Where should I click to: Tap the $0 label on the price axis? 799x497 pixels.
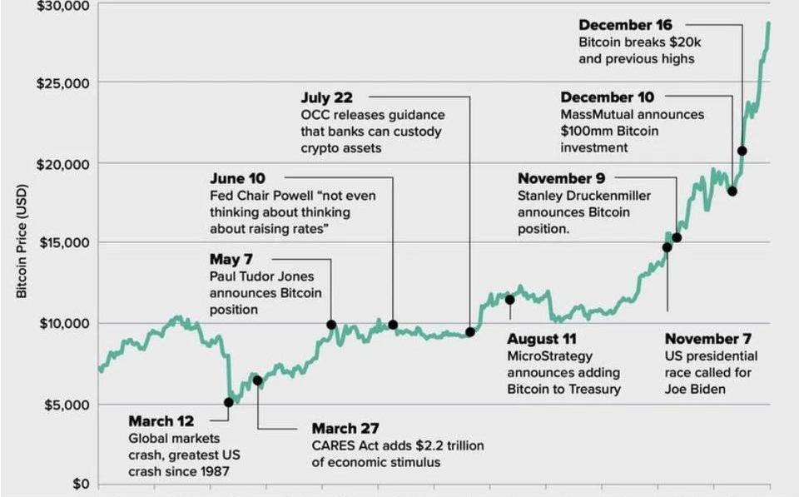pyautogui.click(x=81, y=484)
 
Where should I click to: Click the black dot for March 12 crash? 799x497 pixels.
pyautogui.click(x=229, y=402)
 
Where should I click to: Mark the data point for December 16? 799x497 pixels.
pyautogui.click(x=742, y=151)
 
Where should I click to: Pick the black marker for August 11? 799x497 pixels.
pyautogui.click(x=510, y=300)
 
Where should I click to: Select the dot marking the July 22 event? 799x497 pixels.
pyautogui.click(x=470, y=332)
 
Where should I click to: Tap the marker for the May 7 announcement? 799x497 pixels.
pyautogui.click(x=331, y=325)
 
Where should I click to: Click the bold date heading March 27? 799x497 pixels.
pyautogui.click(x=345, y=428)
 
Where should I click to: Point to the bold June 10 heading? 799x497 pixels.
pyautogui.click(x=239, y=178)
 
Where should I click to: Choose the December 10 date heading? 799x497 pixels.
pyautogui.click(x=607, y=97)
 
